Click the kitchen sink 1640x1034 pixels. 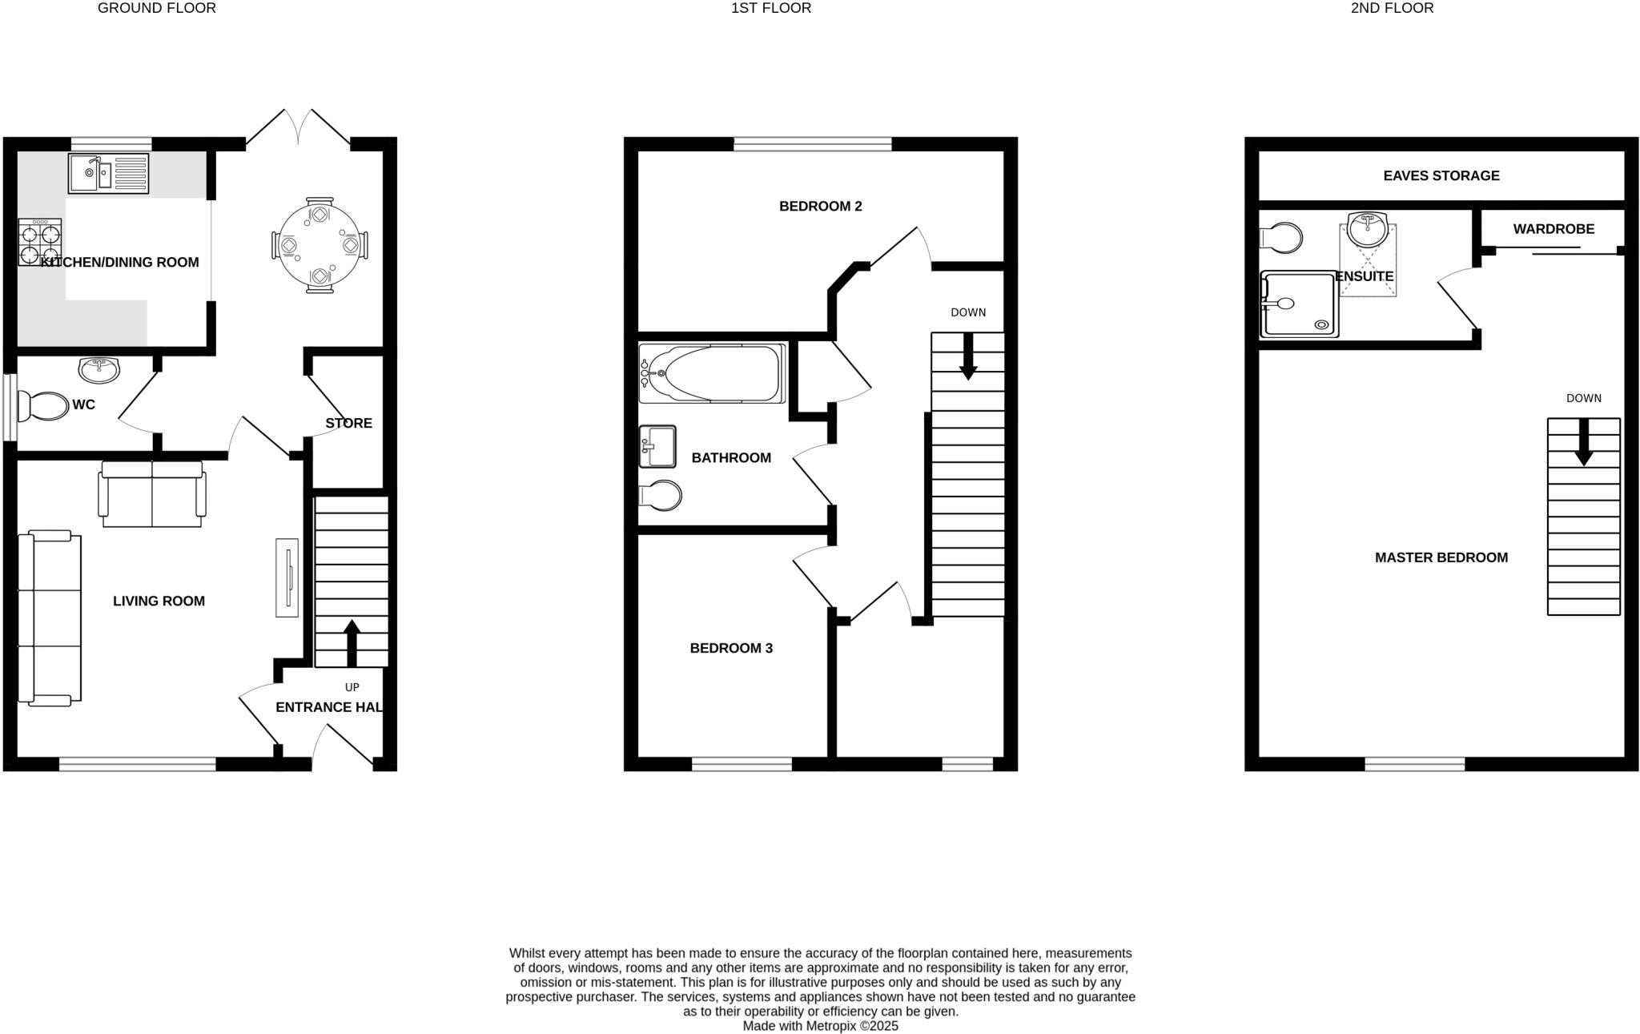click(108, 174)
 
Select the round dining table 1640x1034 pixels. click(320, 245)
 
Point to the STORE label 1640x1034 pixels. click(348, 423)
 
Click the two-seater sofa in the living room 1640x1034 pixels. click(152, 494)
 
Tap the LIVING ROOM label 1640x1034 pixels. click(159, 601)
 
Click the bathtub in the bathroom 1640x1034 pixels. click(712, 373)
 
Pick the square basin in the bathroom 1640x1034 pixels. click(657, 446)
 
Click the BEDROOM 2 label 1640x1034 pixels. click(820, 206)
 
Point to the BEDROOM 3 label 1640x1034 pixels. click(731, 648)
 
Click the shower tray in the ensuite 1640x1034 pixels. click(1299, 304)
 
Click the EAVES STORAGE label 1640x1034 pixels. click(1441, 175)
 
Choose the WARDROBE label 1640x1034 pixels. click(1553, 229)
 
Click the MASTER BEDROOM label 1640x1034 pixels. click(1441, 557)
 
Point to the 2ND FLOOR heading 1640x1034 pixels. click(1392, 8)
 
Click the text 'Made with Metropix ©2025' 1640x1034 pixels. click(820, 1026)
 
